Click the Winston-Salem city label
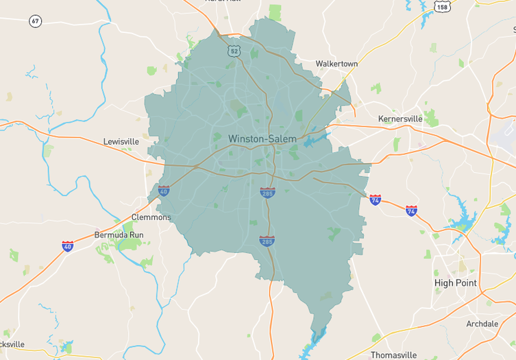click(x=262, y=139)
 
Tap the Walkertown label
click(x=336, y=64)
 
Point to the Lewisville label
click(x=121, y=141)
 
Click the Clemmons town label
click(x=151, y=217)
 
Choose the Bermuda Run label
click(x=119, y=235)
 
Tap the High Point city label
click(x=456, y=283)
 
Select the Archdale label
click(x=482, y=323)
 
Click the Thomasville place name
click(x=393, y=355)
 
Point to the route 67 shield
click(x=36, y=21)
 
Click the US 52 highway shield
click(x=234, y=51)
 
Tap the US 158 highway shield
click(x=443, y=6)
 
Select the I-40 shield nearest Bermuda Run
click(x=67, y=246)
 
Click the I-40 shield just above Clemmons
click(x=163, y=191)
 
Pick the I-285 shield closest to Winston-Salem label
click(x=267, y=193)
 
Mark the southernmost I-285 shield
click(x=267, y=241)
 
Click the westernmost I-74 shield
click(x=375, y=200)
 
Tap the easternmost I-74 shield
click(x=411, y=211)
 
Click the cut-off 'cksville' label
click(x=12, y=344)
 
